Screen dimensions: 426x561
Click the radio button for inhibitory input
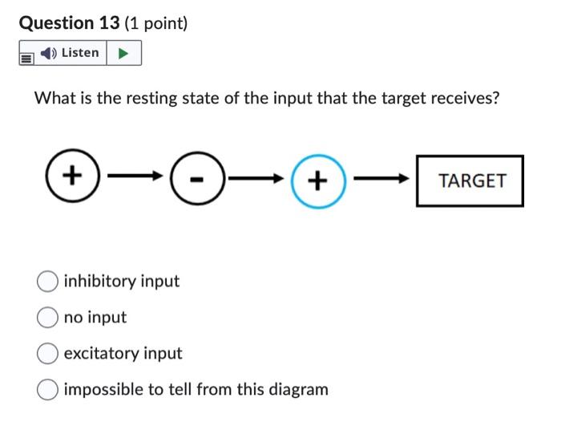point(47,282)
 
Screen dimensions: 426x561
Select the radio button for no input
point(47,318)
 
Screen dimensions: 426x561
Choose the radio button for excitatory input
point(47,354)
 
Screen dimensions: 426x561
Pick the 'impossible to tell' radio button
point(47,390)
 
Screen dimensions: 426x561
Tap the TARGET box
point(470,181)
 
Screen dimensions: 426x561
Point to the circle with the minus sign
point(195,181)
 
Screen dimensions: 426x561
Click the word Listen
point(80,53)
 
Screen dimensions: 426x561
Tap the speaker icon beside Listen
point(49,53)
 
